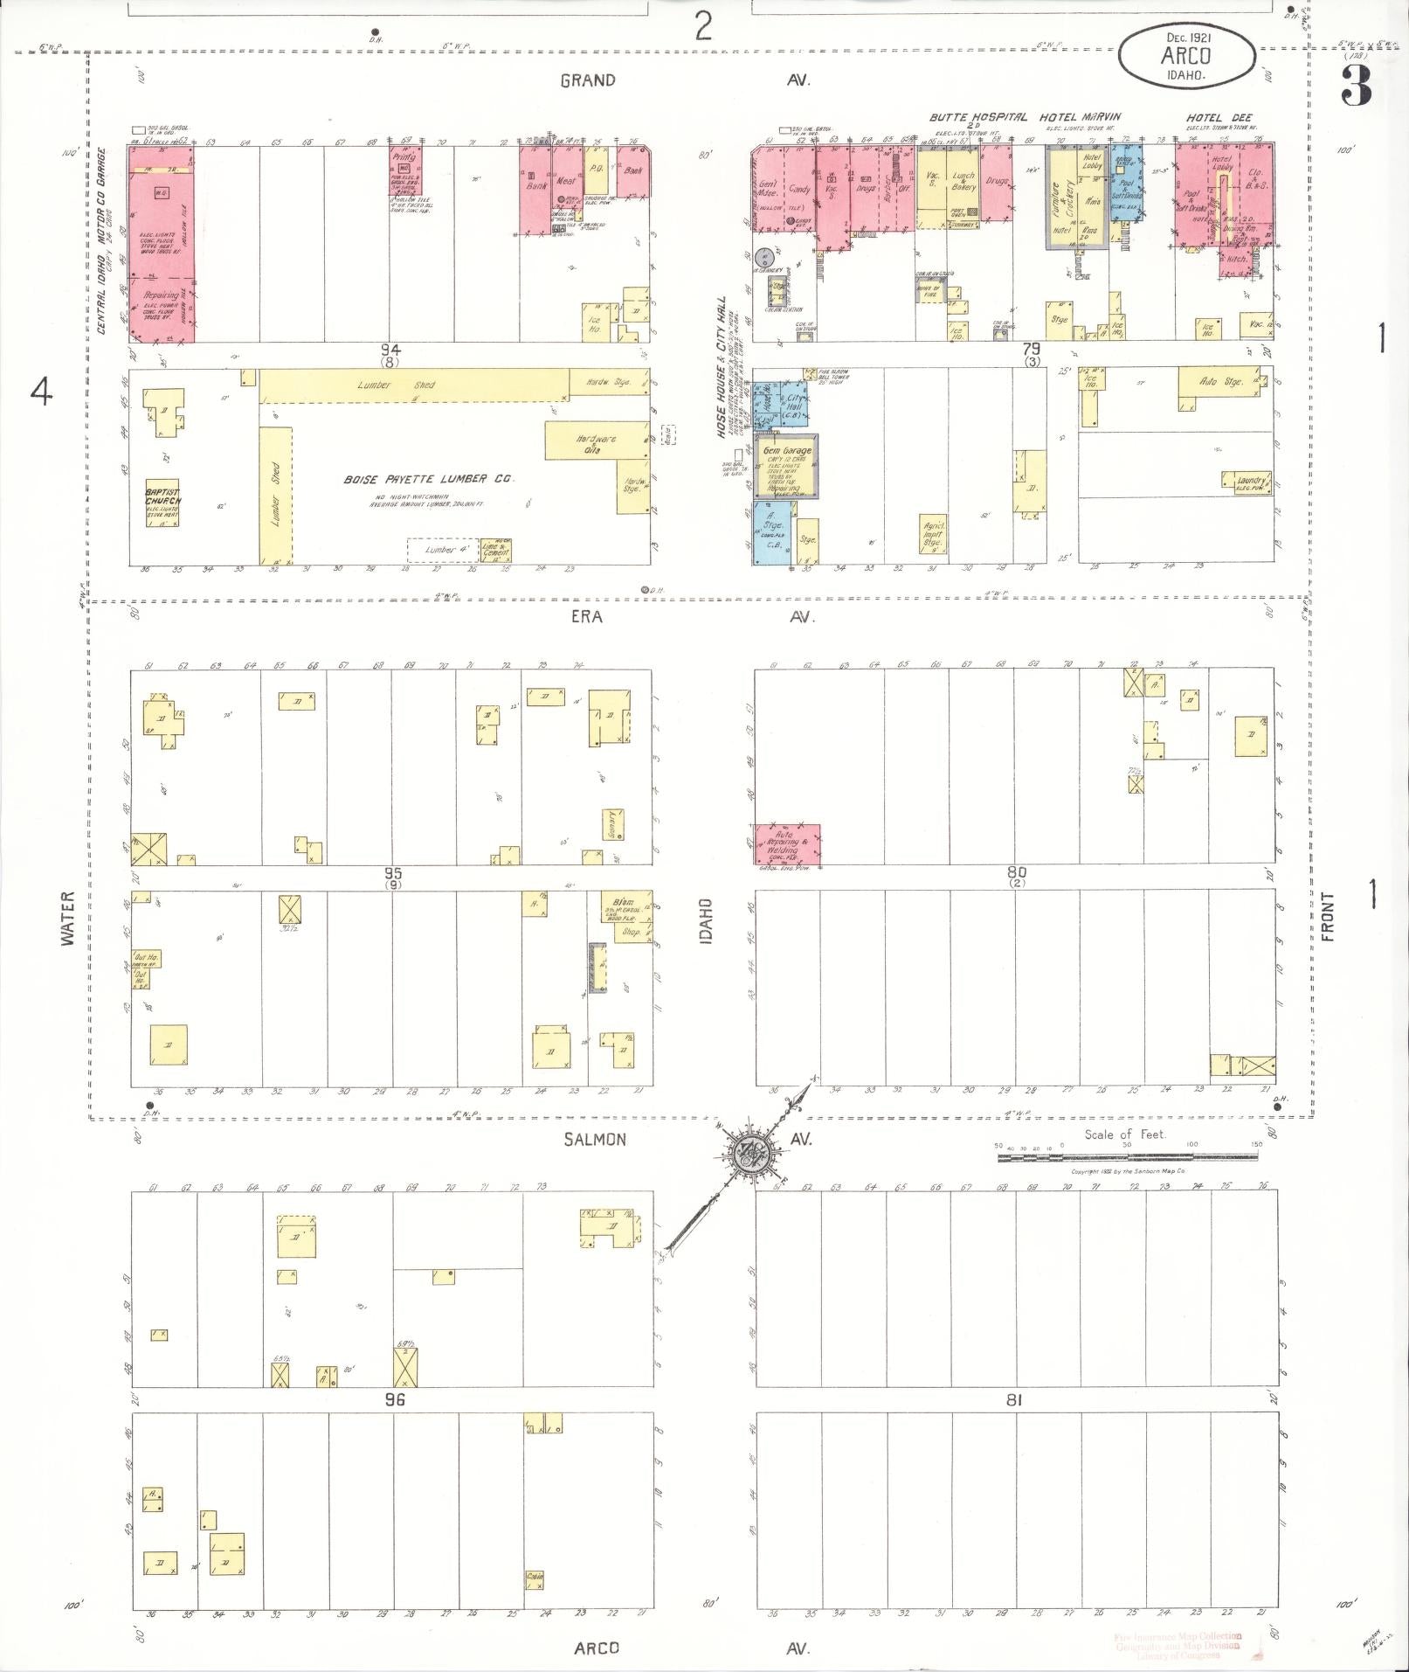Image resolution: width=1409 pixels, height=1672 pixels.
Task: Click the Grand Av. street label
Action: coord(588,80)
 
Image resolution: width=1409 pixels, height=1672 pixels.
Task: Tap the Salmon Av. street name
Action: coord(595,1139)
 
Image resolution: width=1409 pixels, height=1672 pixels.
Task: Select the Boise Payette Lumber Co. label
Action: coord(429,479)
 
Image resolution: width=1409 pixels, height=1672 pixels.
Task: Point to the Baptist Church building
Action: coord(162,496)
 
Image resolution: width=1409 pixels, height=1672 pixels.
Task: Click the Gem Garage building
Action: coord(788,465)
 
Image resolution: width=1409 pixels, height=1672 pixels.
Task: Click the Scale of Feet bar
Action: coord(1127,1156)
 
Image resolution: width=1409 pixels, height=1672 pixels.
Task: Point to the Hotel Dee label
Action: coord(1219,118)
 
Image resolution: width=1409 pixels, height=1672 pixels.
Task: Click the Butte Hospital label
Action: coord(977,117)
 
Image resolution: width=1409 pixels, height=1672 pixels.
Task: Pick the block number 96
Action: coord(395,1399)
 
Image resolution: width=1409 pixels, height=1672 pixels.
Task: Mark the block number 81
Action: coord(1013,1399)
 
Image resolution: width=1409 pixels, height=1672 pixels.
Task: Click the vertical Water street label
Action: coord(68,919)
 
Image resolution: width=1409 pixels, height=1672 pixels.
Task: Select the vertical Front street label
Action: coord(1328,917)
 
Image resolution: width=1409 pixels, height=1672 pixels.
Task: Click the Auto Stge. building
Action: coord(1220,384)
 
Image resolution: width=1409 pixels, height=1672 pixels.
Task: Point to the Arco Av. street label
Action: coord(597,1648)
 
